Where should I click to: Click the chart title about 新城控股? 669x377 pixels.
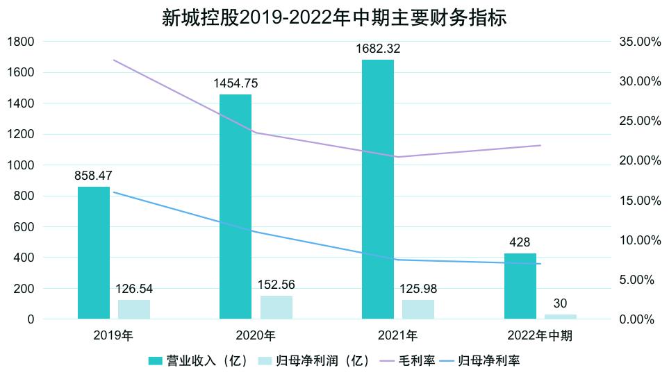(x=334, y=17)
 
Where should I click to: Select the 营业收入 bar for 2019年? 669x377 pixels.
(x=94, y=253)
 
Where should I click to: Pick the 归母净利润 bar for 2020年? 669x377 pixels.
(x=276, y=308)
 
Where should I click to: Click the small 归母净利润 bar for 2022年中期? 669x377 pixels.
(x=561, y=317)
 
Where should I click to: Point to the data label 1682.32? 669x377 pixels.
(x=377, y=49)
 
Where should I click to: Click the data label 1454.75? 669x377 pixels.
(x=236, y=83)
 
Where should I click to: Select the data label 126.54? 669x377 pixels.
(x=134, y=288)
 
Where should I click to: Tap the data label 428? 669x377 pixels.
(x=520, y=242)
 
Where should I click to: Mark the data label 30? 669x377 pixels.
(x=561, y=303)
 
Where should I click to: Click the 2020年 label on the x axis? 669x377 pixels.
(x=256, y=336)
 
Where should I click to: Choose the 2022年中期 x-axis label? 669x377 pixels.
(x=540, y=336)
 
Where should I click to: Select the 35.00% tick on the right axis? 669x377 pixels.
(x=639, y=42)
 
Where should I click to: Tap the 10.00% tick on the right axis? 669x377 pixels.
(x=639, y=240)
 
